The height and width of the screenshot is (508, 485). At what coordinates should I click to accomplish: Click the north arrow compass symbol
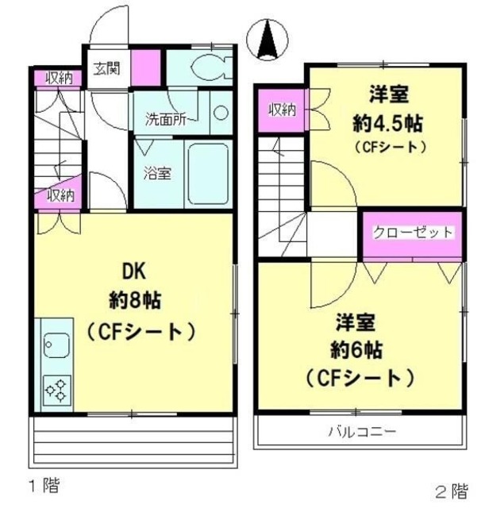click(268, 37)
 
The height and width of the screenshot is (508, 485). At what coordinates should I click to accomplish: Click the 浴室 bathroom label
click(157, 173)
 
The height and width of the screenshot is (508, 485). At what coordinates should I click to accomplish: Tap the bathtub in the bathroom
click(210, 174)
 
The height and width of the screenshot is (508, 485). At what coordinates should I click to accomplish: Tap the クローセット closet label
click(413, 233)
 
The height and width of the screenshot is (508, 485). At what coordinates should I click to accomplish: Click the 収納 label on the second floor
click(281, 110)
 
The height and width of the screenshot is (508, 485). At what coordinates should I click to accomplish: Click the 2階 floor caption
click(450, 490)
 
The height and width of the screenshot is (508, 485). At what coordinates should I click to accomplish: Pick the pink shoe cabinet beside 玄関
click(144, 67)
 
